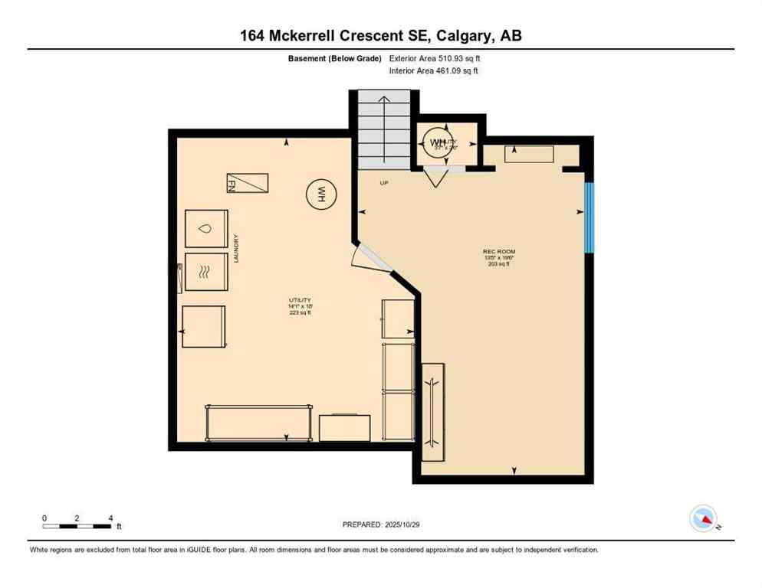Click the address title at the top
pos(381,35)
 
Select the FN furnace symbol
pos(247,183)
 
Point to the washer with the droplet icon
pos(206,228)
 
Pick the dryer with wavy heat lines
pos(206,272)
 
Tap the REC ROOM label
pos(498,257)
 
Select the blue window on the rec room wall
pos(589,217)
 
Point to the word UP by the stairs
pos(384,183)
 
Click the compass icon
pos(703,518)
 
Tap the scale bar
pos(77,526)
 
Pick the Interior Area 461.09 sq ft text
pos(434,71)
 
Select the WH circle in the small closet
pos(437,142)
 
